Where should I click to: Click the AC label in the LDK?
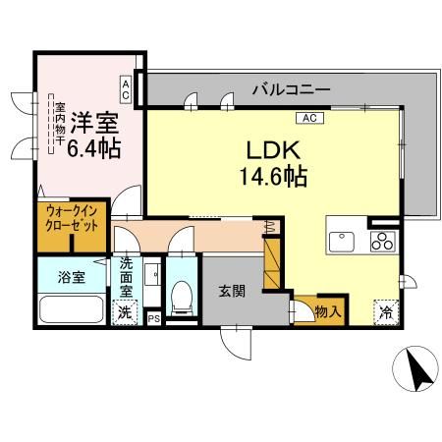coord(307,119)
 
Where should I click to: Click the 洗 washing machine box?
coord(124,314)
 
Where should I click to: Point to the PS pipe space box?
coord(152,318)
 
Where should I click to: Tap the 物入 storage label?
coord(328,313)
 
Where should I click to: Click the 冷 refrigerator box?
coord(386,312)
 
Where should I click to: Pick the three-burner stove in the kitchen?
coord(383,242)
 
